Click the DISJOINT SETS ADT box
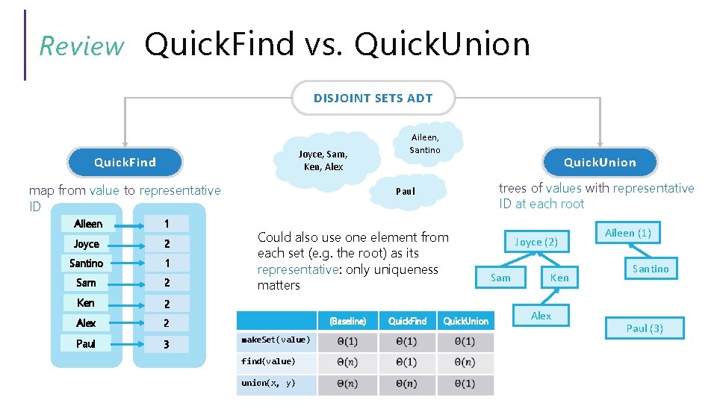click(373, 98)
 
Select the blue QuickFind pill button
click(125, 162)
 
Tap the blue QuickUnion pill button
click(600, 162)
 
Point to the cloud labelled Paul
click(405, 191)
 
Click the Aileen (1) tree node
click(627, 233)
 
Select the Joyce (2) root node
click(536, 242)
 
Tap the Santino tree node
click(651, 269)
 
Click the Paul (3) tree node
click(645, 328)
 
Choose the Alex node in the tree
click(541, 316)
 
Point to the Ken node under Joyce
click(559, 278)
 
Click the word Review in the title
click(81, 46)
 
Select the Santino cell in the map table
click(87, 263)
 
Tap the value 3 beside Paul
click(167, 344)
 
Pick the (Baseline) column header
click(347, 321)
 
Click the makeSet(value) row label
click(275, 340)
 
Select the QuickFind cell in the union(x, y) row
click(408, 384)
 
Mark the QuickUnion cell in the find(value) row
click(465, 362)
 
